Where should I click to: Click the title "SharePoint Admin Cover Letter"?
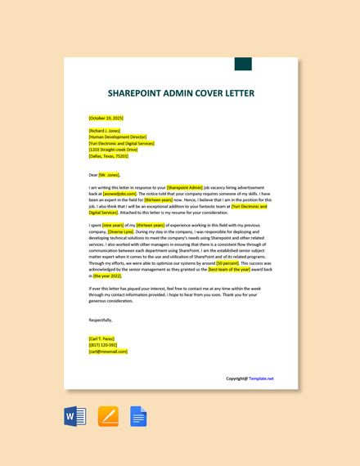click(180, 93)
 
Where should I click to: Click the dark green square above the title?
click(243, 64)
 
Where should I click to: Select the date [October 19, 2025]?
click(106, 118)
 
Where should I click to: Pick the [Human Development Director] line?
click(118, 137)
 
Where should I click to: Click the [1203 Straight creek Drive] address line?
click(113, 150)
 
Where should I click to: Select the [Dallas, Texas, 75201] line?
click(108, 156)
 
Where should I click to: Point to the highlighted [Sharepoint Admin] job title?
click(184, 187)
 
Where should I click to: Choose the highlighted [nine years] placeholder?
click(113, 224)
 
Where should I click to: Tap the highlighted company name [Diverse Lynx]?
click(119, 231)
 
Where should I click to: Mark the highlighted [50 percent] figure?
click(227, 263)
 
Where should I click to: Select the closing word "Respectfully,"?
click(101, 320)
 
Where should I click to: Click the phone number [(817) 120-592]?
click(103, 345)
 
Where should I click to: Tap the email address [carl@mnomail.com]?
click(108, 352)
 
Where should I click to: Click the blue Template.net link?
click(261, 379)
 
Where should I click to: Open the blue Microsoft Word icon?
click(74, 416)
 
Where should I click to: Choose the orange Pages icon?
click(108, 416)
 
